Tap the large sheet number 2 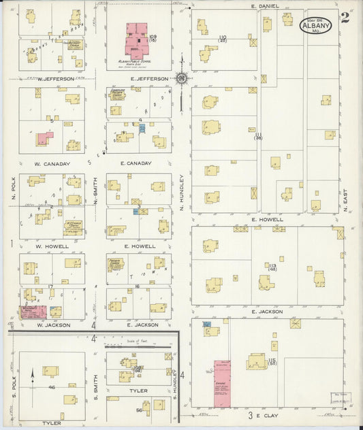pyautogui.click(x=345, y=17)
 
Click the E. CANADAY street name pyautogui.click(x=135, y=163)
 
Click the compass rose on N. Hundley pyautogui.click(x=182, y=78)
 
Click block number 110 pyautogui.click(x=221, y=37)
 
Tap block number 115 pyautogui.click(x=272, y=361)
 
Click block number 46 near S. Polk pyautogui.click(x=51, y=387)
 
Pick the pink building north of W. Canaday pyautogui.click(x=45, y=138)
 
